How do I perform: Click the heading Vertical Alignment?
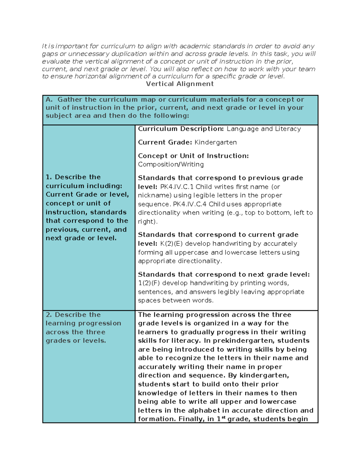pos(180,84)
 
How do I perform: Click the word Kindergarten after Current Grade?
pos(216,142)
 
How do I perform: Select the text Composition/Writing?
pos(171,164)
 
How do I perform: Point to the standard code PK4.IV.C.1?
pos(177,187)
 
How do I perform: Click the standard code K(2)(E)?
pos(171,244)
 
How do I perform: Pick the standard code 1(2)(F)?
pos(149,283)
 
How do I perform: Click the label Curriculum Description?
pos(181,129)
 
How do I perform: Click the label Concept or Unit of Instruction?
pos(193,156)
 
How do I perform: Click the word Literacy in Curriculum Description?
pos(288,129)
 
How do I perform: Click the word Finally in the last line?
pos(190,419)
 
